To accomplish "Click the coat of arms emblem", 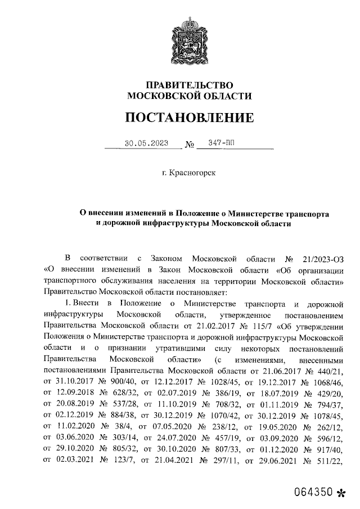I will pos(189,40).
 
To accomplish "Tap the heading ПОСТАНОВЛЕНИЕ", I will pos(189,118).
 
